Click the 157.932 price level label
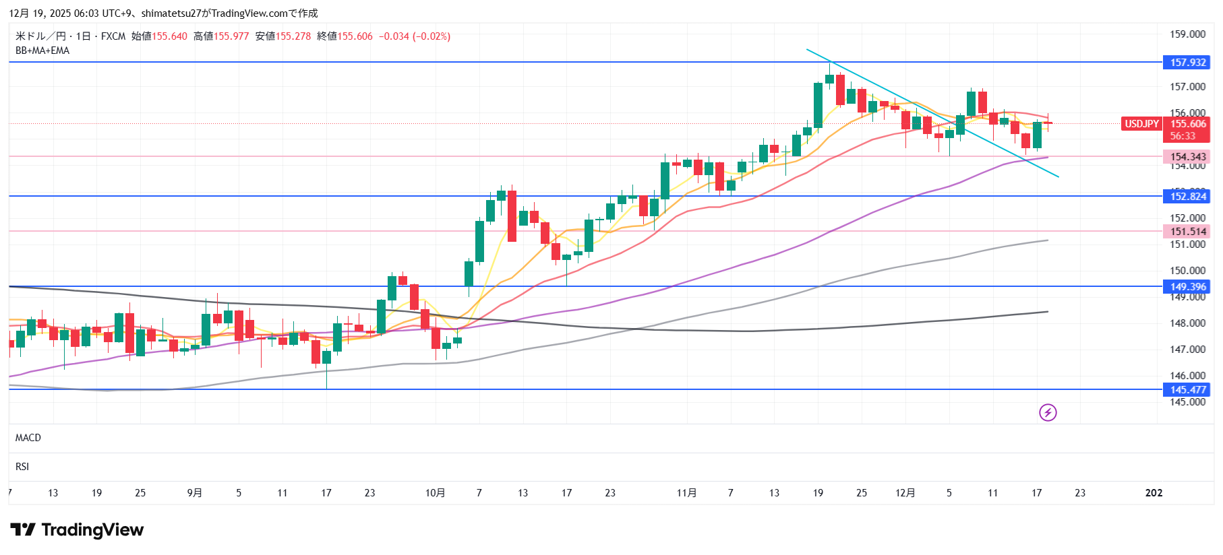(1187, 63)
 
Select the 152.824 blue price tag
(1187, 197)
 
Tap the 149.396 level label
(1187, 287)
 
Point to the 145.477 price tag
(1187, 390)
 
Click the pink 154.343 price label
(1187, 157)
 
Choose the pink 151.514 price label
(1187, 232)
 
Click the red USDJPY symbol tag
(1141, 124)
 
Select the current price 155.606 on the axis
(1187, 124)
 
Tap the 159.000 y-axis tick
(1187, 34)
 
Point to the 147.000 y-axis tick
(1187, 350)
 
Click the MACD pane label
(28, 438)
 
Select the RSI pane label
(22, 467)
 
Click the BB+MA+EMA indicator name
(42, 51)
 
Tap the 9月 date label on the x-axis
(195, 493)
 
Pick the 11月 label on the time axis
(686, 493)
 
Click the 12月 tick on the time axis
(905, 493)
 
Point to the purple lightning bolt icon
(1048, 412)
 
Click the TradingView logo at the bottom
(77, 530)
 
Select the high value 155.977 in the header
(231, 36)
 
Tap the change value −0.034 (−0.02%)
(415, 36)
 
